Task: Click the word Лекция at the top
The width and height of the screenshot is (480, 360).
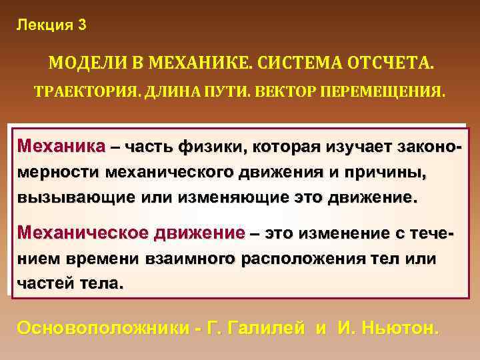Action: point(42,26)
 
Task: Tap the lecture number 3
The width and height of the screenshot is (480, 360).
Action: point(81,26)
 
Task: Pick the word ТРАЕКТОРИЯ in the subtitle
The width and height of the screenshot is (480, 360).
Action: point(81,91)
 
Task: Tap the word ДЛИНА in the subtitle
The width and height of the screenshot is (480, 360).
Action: point(165,91)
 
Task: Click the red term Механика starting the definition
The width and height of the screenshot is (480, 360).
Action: point(61,146)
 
